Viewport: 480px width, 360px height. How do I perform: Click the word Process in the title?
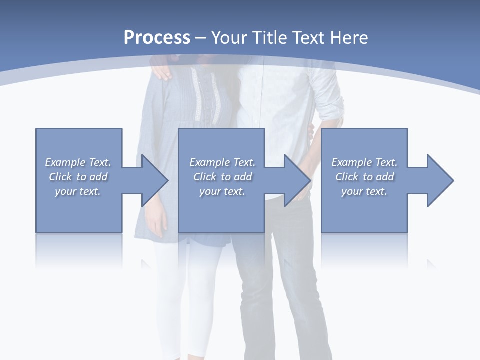tap(157, 38)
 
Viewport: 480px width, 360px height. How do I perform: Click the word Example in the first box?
tap(65, 162)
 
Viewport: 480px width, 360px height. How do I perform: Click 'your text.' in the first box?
tap(78, 191)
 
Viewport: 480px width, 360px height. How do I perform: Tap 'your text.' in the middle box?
tap(222, 191)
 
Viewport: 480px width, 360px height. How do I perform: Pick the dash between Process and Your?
tap(201, 38)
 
